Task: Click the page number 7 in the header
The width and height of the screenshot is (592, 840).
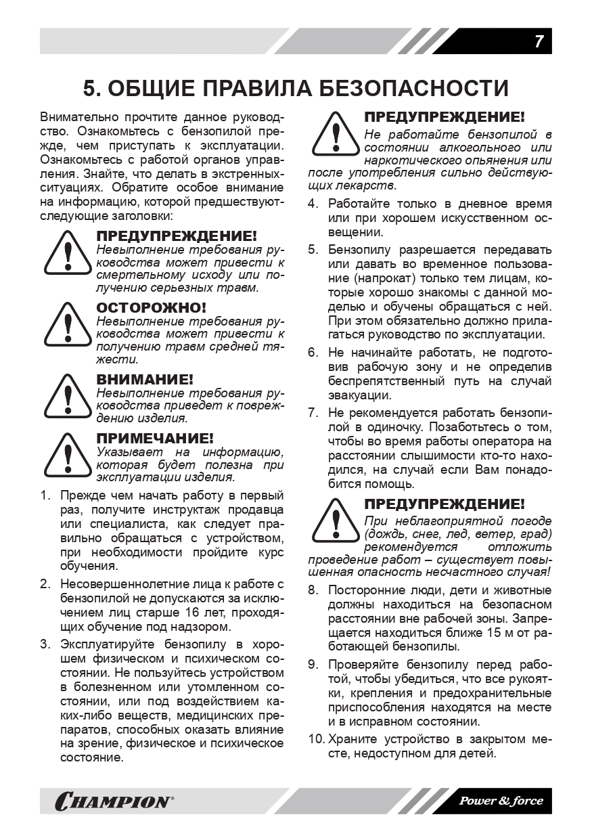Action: click(539, 41)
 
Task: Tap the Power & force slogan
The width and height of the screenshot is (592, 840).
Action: click(501, 801)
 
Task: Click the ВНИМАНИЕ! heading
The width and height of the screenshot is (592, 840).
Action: click(145, 379)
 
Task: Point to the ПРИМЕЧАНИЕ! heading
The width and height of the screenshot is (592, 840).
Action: click(155, 438)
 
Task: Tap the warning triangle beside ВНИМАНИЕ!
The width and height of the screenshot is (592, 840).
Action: click(68, 397)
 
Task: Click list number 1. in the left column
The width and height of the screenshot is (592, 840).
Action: click(45, 495)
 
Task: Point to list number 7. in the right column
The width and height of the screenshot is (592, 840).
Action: click(313, 412)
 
